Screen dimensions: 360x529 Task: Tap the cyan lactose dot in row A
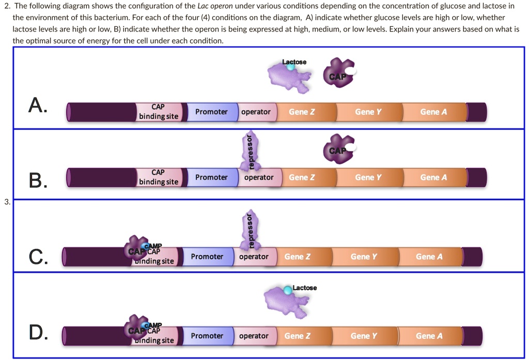[x=291, y=67]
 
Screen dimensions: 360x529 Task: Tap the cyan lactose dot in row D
[x=287, y=291]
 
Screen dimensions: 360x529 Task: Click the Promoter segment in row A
[x=211, y=112]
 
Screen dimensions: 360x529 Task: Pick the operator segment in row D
[x=254, y=336]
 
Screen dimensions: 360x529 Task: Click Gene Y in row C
[x=364, y=257]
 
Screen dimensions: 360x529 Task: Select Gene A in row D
[x=429, y=336]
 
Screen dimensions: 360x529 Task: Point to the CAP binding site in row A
[x=158, y=112]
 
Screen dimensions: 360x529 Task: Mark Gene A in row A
[x=433, y=112]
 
